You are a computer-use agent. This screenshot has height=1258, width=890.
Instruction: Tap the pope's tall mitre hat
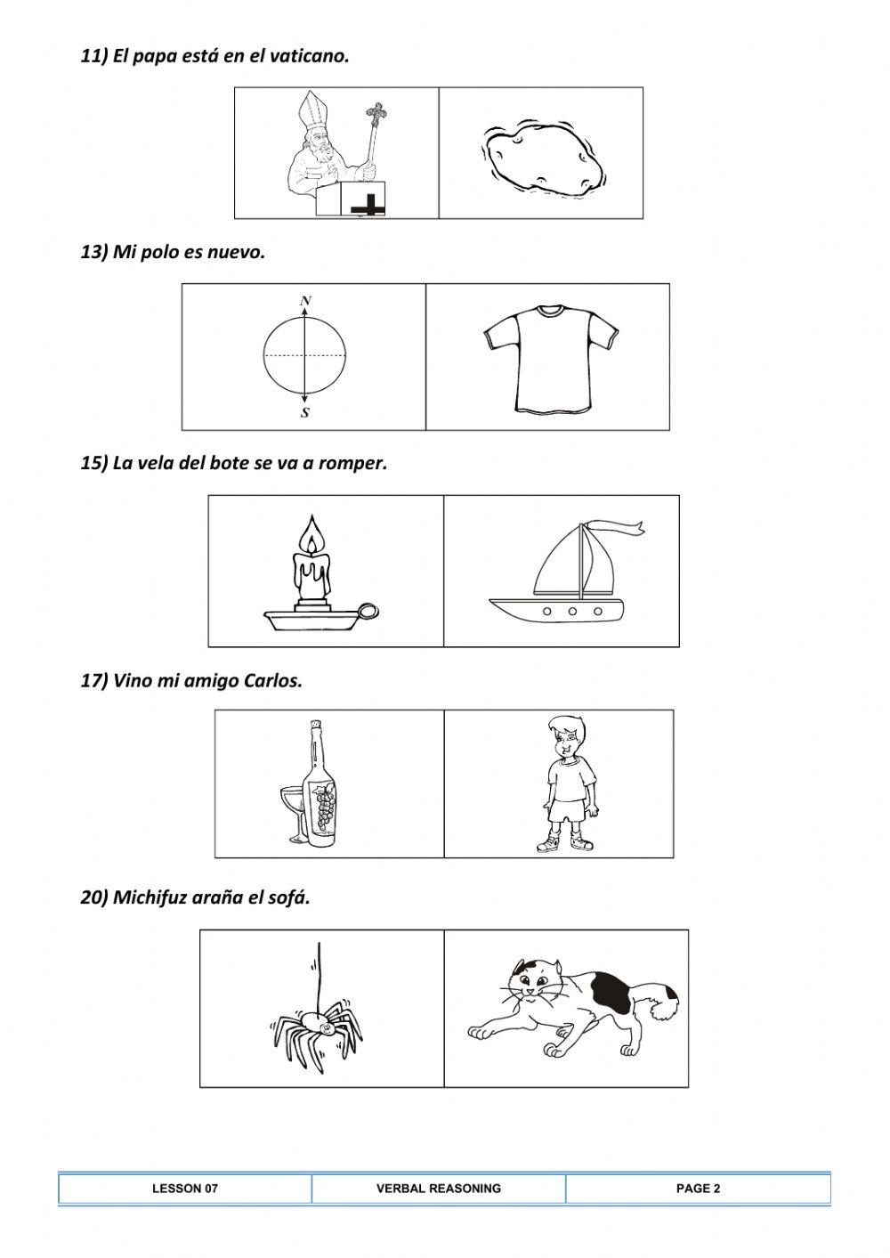click(x=310, y=110)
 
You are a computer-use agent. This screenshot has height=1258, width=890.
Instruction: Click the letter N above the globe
click(x=305, y=301)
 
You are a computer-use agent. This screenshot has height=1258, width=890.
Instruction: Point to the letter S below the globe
click(x=305, y=413)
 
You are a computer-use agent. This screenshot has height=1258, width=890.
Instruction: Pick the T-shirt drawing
click(x=551, y=359)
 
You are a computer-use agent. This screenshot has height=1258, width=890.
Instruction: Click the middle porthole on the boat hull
click(x=572, y=611)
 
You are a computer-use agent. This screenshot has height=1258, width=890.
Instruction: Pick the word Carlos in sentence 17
click(x=273, y=681)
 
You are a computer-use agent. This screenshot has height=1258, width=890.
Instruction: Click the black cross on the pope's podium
click(x=368, y=205)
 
